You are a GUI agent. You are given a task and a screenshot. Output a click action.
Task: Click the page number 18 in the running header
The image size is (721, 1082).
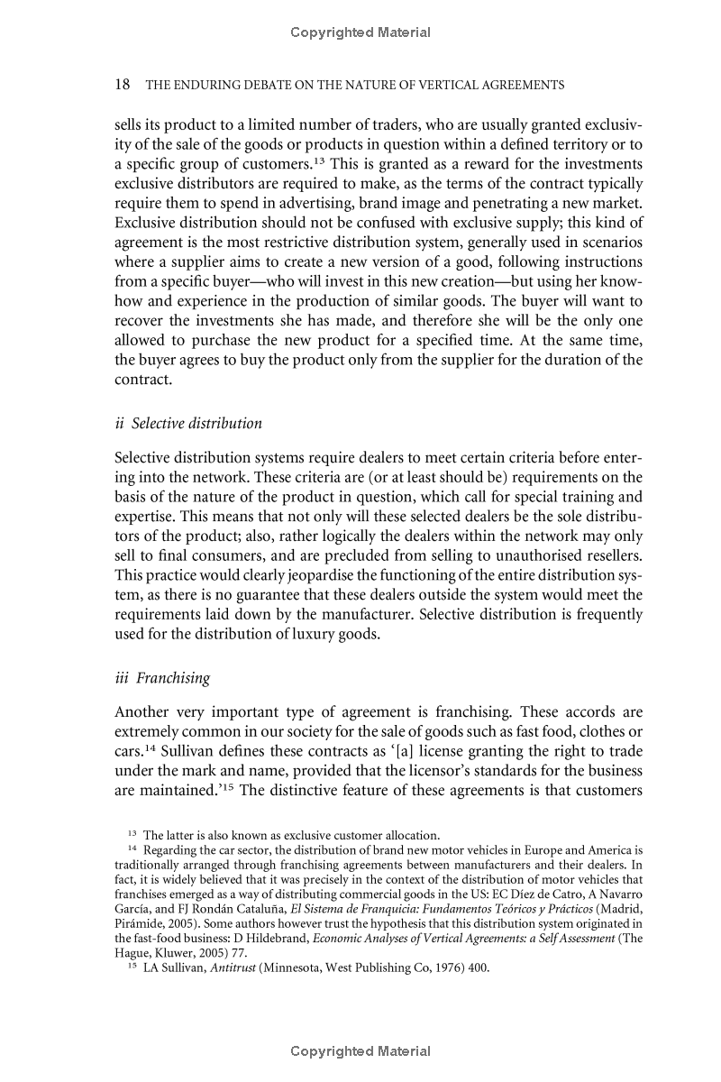123,85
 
